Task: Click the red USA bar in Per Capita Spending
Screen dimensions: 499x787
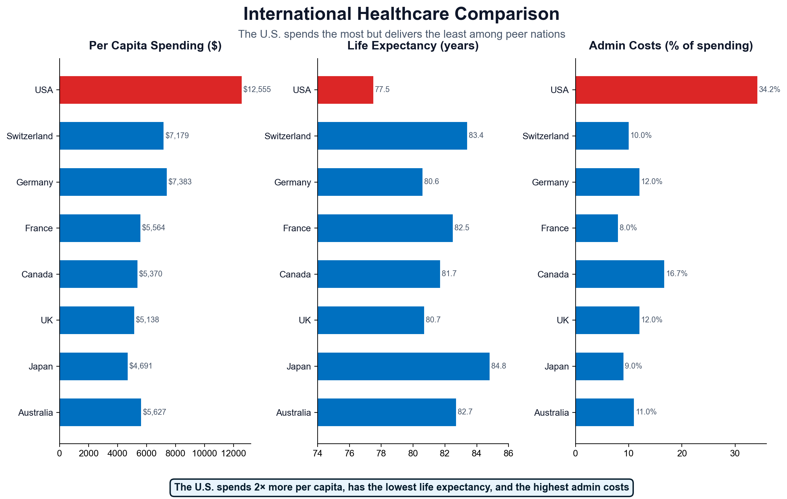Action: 150,90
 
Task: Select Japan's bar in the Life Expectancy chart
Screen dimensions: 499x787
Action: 403,366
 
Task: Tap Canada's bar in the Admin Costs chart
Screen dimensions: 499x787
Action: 620,274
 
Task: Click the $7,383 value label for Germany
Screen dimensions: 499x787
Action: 180,182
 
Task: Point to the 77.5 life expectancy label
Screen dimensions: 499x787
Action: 382,90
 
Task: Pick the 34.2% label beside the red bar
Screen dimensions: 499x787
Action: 769,90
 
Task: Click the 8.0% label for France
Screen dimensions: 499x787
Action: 628,228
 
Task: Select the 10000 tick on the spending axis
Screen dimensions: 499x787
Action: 204,454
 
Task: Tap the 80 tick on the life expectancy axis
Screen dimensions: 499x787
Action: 413,454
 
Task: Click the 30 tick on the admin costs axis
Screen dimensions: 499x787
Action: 735,454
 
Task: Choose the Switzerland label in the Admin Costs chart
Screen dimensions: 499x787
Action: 546,136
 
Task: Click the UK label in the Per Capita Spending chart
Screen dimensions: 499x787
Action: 47,320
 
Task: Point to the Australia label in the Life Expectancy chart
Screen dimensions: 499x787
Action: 293,413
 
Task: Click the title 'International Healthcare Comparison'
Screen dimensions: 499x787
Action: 401,14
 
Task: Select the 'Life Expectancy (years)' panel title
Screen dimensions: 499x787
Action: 413,46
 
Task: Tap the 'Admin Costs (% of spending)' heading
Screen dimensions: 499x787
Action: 671,46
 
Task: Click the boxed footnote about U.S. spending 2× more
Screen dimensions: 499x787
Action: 401,487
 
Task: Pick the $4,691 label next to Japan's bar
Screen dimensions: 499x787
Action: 140,366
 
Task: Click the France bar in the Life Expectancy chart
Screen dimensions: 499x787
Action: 385,228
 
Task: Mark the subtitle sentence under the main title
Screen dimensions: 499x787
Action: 401,34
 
